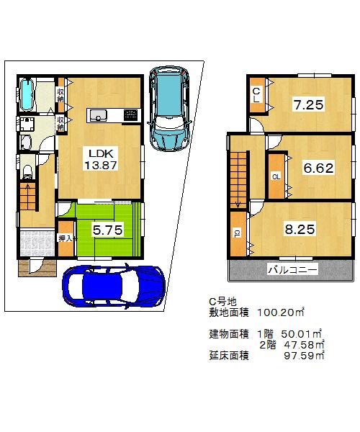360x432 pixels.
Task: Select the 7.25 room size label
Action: click(x=307, y=106)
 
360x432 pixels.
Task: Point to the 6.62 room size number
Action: click(x=317, y=168)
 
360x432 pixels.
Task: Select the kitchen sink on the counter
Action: click(x=98, y=115)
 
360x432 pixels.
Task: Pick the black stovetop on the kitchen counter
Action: click(x=130, y=115)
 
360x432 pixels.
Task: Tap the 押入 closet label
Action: click(x=66, y=238)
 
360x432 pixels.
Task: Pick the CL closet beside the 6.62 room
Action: click(x=276, y=175)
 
